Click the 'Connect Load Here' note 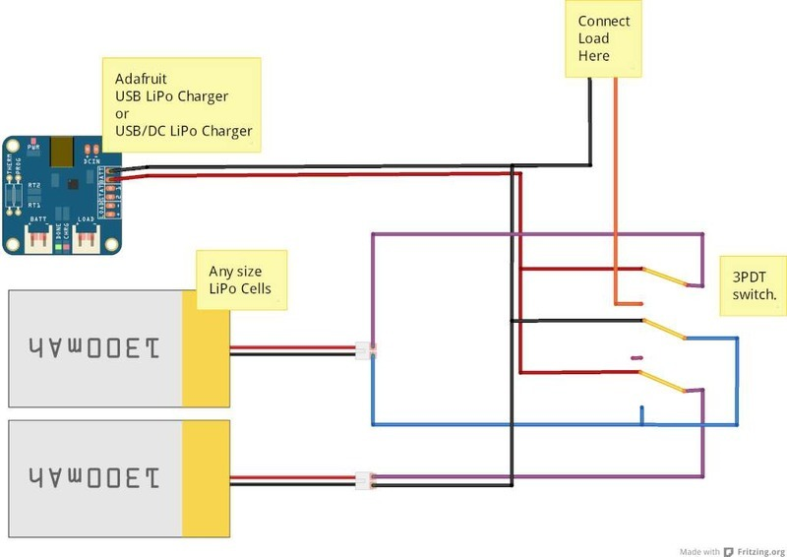tap(604, 38)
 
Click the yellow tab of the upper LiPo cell tap(206, 348)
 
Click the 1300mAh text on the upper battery tap(94, 348)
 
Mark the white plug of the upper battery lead tap(365, 349)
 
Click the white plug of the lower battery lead tap(364, 480)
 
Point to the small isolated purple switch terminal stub tap(636, 357)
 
